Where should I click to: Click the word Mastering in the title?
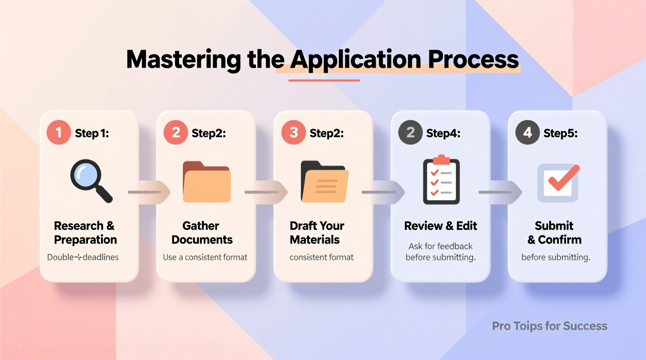[x=184, y=60]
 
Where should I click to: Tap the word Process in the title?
[x=473, y=60]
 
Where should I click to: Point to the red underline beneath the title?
[x=324, y=80]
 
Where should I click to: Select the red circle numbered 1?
[x=59, y=133]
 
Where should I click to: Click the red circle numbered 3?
[x=293, y=133]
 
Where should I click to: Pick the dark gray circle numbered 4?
[x=527, y=133]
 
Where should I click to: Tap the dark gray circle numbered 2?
[x=410, y=133]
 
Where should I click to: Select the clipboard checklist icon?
[x=441, y=181]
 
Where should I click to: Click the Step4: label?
[x=443, y=133]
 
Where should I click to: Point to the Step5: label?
[x=560, y=133]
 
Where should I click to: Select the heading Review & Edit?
[x=440, y=226]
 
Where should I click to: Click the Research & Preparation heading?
[x=85, y=232]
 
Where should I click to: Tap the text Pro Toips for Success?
[x=549, y=326]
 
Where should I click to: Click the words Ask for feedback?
[x=440, y=246]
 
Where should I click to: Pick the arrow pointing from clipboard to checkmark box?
[x=500, y=192]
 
